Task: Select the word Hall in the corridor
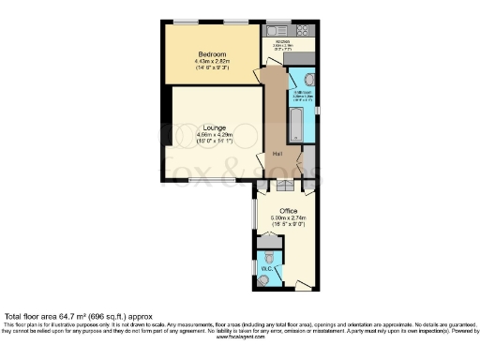(x=277, y=153)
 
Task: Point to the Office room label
(x=289, y=211)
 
